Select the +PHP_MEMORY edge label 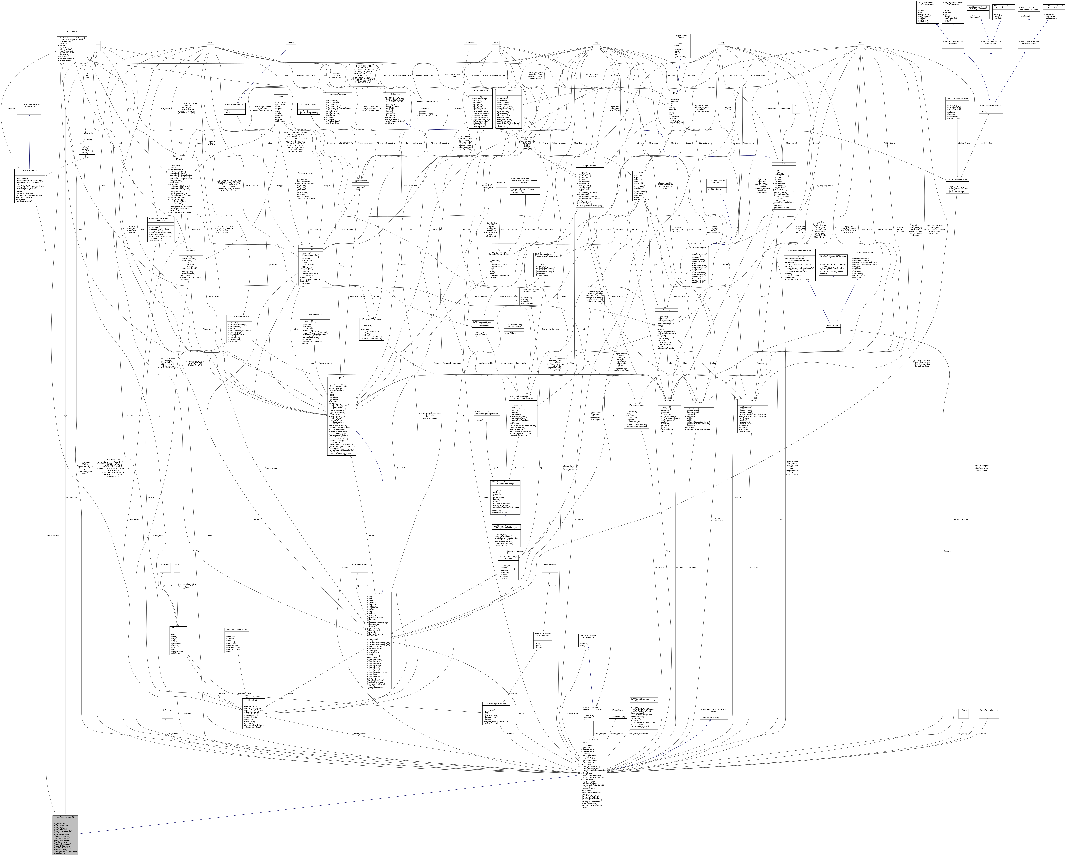(x=252, y=185)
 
